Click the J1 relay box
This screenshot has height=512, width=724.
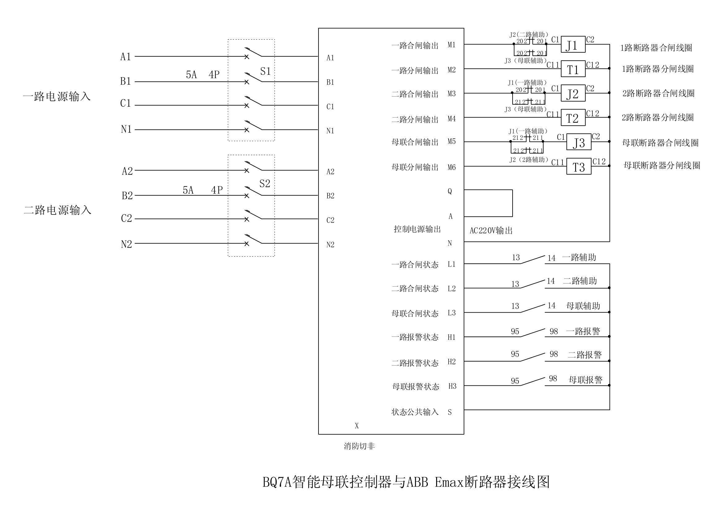coord(573,45)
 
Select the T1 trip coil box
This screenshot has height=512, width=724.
coord(573,69)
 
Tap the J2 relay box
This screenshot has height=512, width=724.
coord(573,93)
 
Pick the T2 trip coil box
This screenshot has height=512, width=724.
coord(573,118)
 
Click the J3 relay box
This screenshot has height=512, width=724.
coord(579,142)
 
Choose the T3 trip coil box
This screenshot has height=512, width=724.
coord(579,167)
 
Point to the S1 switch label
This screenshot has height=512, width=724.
coord(265,72)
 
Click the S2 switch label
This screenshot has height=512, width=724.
coord(265,184)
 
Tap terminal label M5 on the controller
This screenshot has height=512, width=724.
coord(452,141)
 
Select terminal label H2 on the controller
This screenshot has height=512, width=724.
coord(452,362)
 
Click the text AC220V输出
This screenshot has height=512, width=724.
coord(491,231)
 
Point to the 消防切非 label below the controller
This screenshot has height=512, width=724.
coord(359,446)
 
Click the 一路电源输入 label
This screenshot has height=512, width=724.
coord(57,97)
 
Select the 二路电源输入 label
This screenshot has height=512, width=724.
coord(57,210)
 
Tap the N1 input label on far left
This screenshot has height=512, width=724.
coord(126,129)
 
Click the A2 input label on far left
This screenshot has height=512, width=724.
coord(127,171)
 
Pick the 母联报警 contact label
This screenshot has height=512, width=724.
coord(585,380)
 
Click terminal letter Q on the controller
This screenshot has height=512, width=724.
coord(450,191)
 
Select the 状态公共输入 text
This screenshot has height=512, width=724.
coord(415,412)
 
